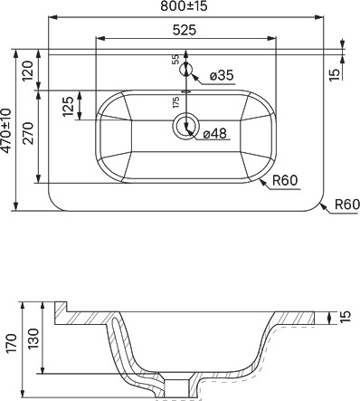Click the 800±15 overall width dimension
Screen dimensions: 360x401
tap(184, 6)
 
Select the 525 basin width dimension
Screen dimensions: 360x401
tap(185, 30)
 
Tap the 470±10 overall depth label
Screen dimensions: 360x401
tap(6, 130)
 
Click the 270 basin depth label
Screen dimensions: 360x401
tap(28, 133)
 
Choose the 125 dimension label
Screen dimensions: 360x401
tap(68, 107)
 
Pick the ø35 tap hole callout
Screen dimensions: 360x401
tap(222, 75)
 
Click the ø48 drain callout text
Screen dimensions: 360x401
tap(214, 133)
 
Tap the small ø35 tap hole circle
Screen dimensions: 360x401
tap(186, 70)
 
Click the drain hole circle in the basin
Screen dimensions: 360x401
tap(185, 126)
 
